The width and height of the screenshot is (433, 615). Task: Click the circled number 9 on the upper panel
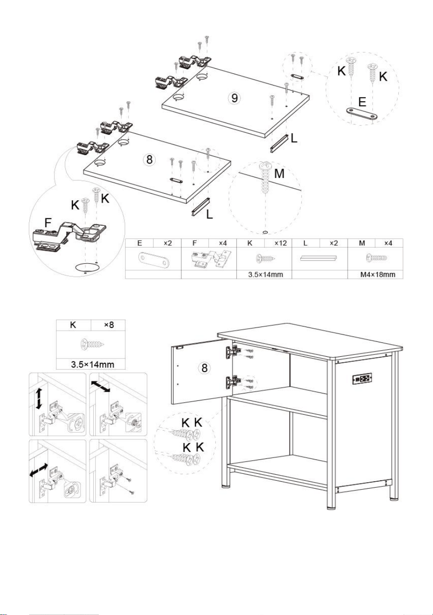point(234,98)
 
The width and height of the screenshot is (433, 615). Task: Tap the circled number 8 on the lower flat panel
point(149,159)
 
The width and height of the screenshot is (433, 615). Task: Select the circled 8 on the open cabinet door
point(204,367)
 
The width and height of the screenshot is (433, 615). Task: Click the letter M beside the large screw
point(279,174)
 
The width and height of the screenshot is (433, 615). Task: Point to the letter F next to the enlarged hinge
point(48,222)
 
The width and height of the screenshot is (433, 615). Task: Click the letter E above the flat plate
point(362,102)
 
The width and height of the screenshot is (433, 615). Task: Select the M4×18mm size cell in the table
point(378,274)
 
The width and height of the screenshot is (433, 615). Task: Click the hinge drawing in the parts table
point(209,259)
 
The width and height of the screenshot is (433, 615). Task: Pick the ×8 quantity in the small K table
point(109,325)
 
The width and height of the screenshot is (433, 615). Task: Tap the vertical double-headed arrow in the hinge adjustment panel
point(39,399)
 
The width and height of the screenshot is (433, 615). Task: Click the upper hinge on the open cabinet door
point(233,352)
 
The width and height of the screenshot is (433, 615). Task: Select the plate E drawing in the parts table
point(154,259)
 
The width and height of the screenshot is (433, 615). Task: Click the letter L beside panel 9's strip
point(294,138)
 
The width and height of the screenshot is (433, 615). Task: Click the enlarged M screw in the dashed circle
point(265,178)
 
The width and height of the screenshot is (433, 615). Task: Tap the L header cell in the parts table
point(305,243)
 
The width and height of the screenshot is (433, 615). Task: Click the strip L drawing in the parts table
point(318,258)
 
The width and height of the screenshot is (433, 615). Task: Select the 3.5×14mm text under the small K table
point(93,365)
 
